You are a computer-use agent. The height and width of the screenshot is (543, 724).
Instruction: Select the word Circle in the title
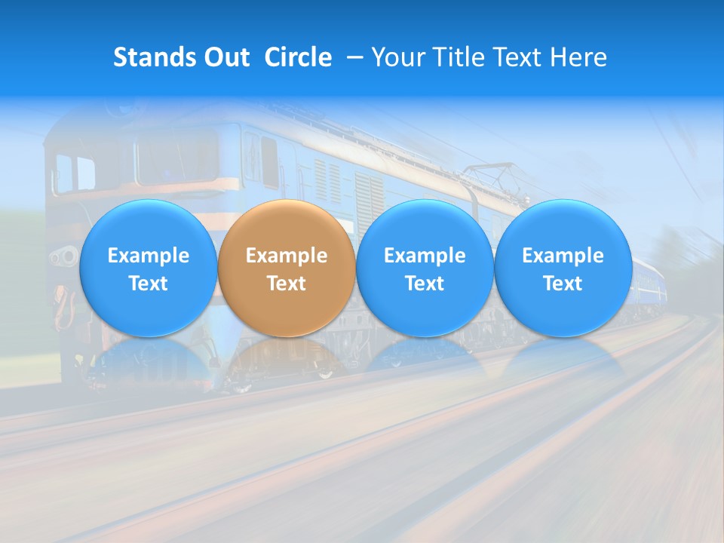298,57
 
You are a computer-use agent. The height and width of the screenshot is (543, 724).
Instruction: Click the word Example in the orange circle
287,256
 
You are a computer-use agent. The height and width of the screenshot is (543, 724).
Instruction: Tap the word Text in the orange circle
287,284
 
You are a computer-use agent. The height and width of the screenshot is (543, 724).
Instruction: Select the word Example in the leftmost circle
149,256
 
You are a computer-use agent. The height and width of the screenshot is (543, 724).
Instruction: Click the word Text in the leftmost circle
149,284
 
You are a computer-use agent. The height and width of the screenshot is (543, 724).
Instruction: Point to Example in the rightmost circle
563,256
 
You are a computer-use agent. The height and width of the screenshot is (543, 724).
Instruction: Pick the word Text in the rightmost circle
563,284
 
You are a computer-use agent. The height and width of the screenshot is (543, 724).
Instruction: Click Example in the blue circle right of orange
425,256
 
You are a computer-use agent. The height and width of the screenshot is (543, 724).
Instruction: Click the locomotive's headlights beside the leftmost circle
63,258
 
